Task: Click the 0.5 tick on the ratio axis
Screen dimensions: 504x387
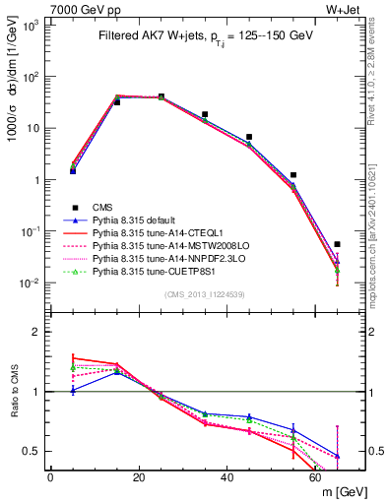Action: (35, 451)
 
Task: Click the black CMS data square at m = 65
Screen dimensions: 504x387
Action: (337, 244)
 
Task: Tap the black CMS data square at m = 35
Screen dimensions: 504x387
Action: (205, 114)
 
